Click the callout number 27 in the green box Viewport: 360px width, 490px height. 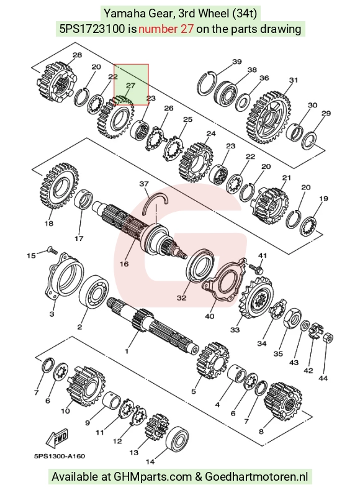click(x=130, y=85)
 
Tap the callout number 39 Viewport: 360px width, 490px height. click(x=237, y=61)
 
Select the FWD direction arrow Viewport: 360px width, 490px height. click(x=57, y=438)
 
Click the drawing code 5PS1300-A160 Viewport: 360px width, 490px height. click(x=60, y=456)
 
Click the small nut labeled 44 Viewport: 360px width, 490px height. click(x=328, y=337)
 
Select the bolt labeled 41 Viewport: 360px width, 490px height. click(x=256, y=267)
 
